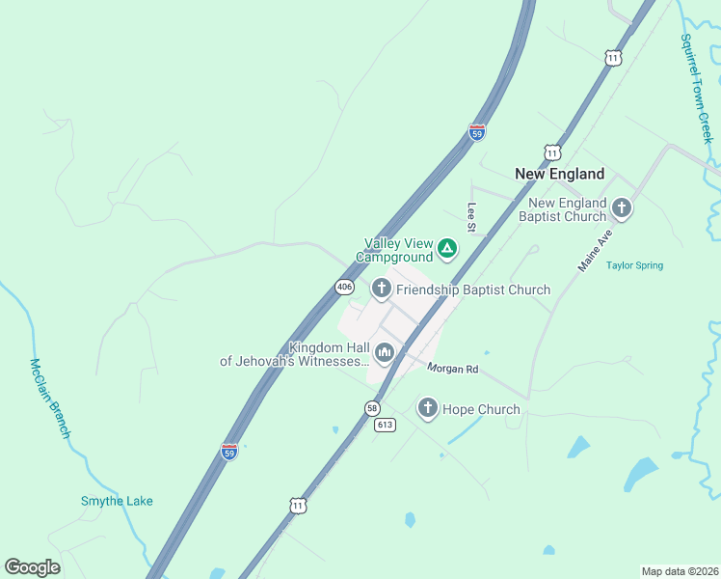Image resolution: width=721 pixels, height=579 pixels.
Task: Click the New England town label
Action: pyautogui.click(x=559, y=174)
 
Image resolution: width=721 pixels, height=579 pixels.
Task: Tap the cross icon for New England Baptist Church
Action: pyautogui.click(x=622, y=207)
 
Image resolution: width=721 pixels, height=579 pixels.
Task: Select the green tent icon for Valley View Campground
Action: pyautogui.click(x=447, y=249)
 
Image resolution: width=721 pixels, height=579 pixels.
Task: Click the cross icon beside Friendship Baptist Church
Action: pyautogui.click(x=382, y=288)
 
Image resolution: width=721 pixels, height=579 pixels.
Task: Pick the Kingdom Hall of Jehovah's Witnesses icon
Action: pyautogui.click(x=385, y=353)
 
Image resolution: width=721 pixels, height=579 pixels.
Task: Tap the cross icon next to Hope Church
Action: pyautogui.click(x=427, y=408)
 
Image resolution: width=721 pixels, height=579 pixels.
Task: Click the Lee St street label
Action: pyautogui.click(x=472, y=217)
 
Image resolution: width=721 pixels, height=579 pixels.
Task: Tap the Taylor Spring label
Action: pyautogui.click(x=634, y=265)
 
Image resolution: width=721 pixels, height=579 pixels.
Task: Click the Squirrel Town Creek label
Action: pyautogui.click(x=695, y=89)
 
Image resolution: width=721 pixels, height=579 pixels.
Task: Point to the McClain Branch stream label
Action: pyautogui.click(x=49, y=398)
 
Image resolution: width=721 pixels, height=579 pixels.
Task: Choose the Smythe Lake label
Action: pyautogui.click(x=116, y=501)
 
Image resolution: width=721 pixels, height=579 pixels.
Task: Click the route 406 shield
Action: pyautogui.click(x=344, y=287)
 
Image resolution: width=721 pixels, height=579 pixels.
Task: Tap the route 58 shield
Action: pyautogui.click(x=372, y=408)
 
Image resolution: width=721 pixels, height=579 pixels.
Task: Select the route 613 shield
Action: pyautogui.click(x=386, y=425)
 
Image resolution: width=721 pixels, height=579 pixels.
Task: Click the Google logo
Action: pyautogui.click(x=32, y=567)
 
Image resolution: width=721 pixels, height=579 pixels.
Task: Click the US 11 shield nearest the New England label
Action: pyautogui.click(x=551, y=152)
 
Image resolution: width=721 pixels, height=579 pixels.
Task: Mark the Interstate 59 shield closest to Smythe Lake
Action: pyautogui.click(x=228, y=451)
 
